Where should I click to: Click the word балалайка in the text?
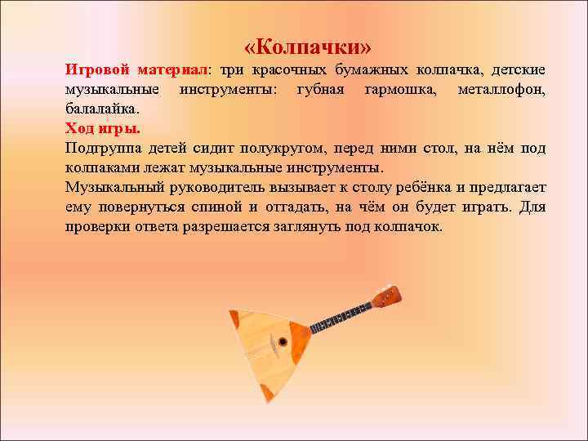pyautogui.click(x=102, y=108)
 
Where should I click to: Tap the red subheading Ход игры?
pyautogui.click(x=103, y=128)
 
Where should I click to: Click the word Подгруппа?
pyautogui.click(x=101, y=148)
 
